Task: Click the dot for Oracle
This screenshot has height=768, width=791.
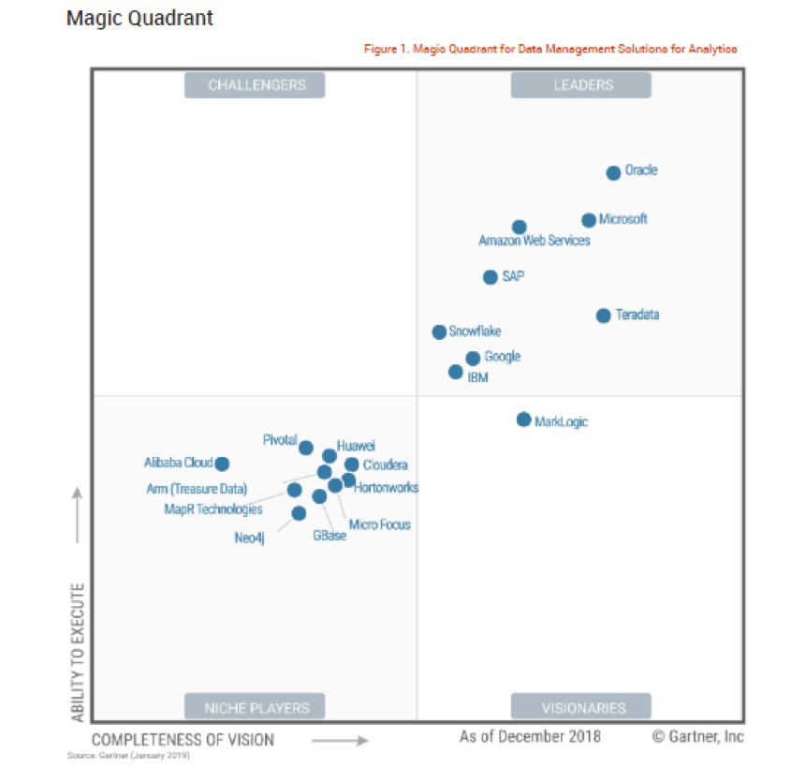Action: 613,172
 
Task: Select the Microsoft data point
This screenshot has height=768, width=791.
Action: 588,220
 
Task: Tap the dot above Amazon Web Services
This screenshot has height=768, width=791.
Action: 519,227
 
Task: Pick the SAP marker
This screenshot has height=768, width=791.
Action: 490,277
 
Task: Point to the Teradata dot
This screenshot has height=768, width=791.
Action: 603,316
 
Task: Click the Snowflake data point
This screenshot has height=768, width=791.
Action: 439,332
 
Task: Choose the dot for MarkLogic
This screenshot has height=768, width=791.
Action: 523,420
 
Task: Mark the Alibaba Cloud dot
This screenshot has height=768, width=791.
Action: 222,464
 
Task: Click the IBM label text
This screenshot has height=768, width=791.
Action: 477,378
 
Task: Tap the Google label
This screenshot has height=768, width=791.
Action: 503,357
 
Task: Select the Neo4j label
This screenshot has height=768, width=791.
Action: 250,538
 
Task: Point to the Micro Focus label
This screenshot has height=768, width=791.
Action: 379,524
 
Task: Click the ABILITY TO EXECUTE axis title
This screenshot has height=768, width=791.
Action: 79,652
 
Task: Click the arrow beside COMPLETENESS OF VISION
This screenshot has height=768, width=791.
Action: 339,741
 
